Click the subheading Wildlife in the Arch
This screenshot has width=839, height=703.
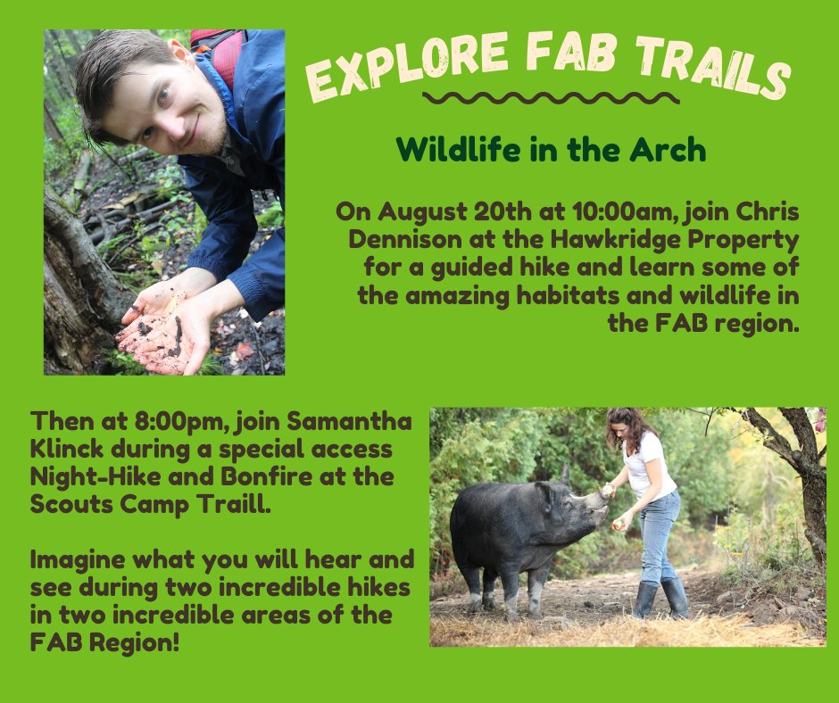pos(552,149)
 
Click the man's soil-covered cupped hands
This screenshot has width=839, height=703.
pos(161,330)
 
